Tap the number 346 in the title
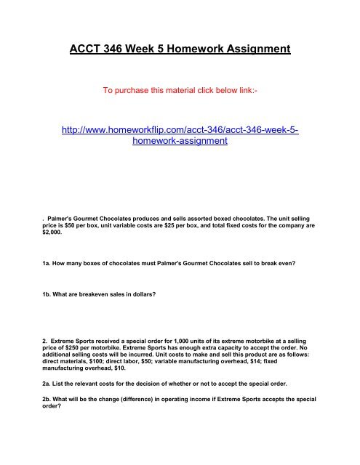pyautogui.click(x=123, y=49)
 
